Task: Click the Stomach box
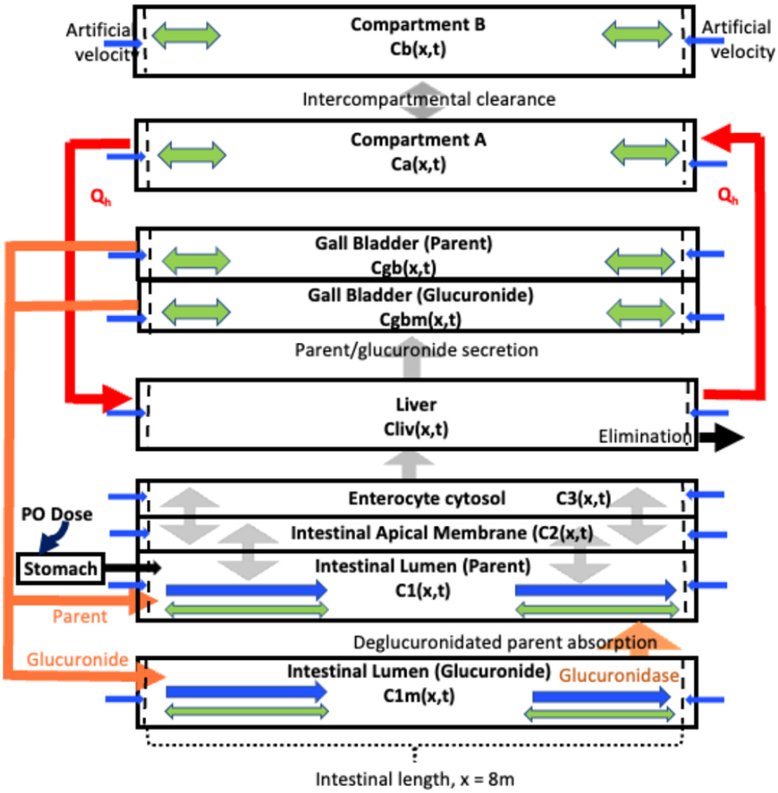pyautogui.click(x=60, y=568)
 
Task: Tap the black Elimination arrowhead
pyautogui.click(x=728, y=437)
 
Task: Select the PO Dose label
pyautogui.click(x=57, y=514)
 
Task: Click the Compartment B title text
pyautogui.click(x=418, y=25)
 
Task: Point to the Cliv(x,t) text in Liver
pyautogui.click(x=416, y=429)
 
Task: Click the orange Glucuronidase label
pyautogui.click(x=619, y=675)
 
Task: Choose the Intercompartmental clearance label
pyautogui.click(x=429, y=99)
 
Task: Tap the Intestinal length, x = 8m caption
pyautogui.click(x=415, y=779)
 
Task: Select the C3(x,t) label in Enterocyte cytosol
pyautogui.click(x=583, y=498)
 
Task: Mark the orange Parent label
pyautogui.click(x=80, y=616)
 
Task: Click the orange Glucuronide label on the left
pyautogui.click(x=77, y=659)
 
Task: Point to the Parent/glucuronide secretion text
pyautogui.click(x=416, y=350)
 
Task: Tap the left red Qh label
pyautogui.click(x=100, y=196)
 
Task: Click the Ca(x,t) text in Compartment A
pyautogui.click(x=418, y=164)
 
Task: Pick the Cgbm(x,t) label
pyautogui.click(x=420, y=319)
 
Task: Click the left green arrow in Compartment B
pyautogui.click(x=186, y=35)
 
